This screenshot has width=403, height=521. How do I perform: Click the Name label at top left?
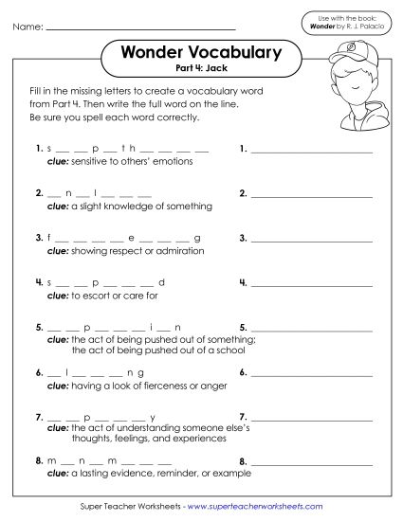click(x=27, y=28)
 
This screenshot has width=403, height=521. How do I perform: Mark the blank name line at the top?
click(x=140, y=29)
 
